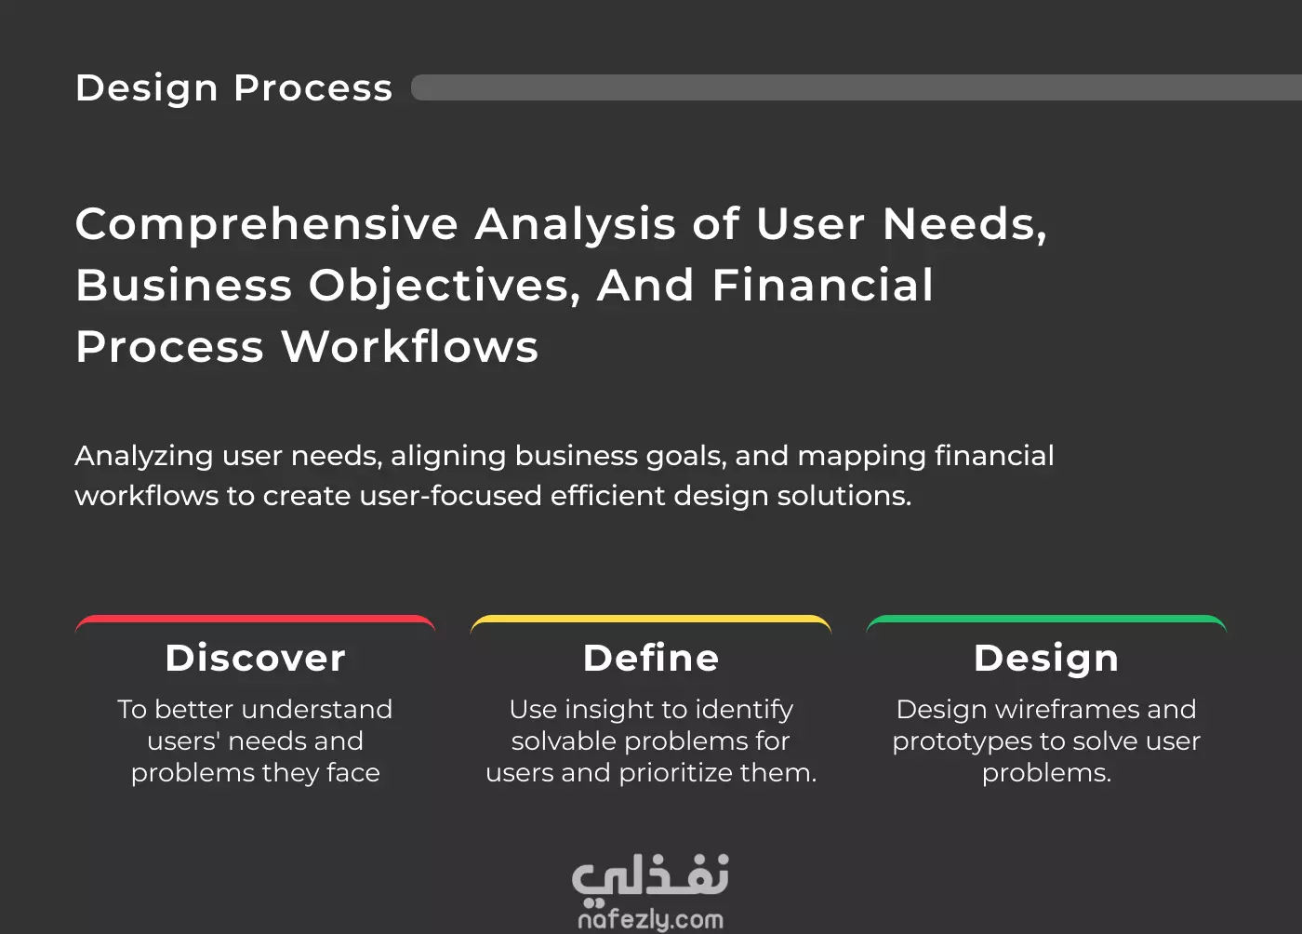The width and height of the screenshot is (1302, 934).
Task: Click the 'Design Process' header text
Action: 234,88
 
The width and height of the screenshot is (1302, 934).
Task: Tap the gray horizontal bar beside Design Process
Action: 857,87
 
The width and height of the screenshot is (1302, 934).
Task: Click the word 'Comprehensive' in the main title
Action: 267,226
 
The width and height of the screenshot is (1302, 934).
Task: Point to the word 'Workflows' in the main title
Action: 410,347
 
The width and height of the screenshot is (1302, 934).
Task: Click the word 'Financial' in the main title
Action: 822,286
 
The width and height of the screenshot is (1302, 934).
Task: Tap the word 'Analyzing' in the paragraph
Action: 144,457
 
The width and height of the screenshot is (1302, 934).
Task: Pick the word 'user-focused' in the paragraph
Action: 450,496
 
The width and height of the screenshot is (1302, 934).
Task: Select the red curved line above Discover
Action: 255,619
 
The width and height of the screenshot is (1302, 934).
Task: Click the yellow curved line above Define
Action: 651,619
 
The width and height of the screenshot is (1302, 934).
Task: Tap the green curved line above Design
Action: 1046,619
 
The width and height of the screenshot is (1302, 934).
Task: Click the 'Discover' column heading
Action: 255,659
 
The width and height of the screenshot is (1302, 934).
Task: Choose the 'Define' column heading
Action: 651,659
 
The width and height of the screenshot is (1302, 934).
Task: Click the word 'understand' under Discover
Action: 317,710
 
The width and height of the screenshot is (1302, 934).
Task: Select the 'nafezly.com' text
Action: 650,920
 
